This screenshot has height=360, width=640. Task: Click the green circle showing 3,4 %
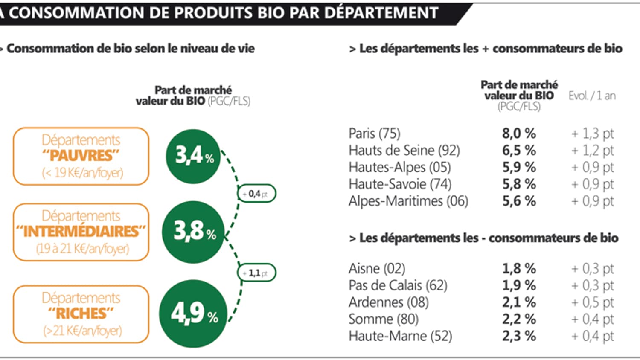click(193, 157)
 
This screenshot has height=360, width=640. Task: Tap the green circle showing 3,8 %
click(193, 232)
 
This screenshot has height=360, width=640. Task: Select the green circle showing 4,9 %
click(193, 314)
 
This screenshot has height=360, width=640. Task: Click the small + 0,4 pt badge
click(257, 194)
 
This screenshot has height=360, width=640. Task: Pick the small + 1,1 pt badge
click(257, 273)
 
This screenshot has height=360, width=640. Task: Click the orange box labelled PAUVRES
click(81, 157)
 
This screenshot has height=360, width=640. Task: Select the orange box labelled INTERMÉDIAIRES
click(81, 232)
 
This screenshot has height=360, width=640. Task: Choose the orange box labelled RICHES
click(81, 314)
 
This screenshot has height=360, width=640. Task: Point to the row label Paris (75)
click(374, 134)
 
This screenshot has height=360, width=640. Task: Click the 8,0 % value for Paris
click(518, 134)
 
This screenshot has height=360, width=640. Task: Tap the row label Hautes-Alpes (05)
click(399, 167)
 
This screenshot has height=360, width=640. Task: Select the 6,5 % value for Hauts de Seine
click(518, 151)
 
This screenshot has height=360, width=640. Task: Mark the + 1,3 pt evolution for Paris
click(592, 134)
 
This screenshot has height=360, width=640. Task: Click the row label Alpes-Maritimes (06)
click(408, 201)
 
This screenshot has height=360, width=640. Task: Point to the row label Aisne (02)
click(377, 268)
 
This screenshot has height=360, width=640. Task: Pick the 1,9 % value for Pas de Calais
click(518, 285)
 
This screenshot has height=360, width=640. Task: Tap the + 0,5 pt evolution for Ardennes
click(592, 302)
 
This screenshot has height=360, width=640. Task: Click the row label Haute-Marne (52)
click(400, 336)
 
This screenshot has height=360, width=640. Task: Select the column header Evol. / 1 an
click(592, 96)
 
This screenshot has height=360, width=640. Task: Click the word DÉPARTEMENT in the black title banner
click(381, 13)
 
